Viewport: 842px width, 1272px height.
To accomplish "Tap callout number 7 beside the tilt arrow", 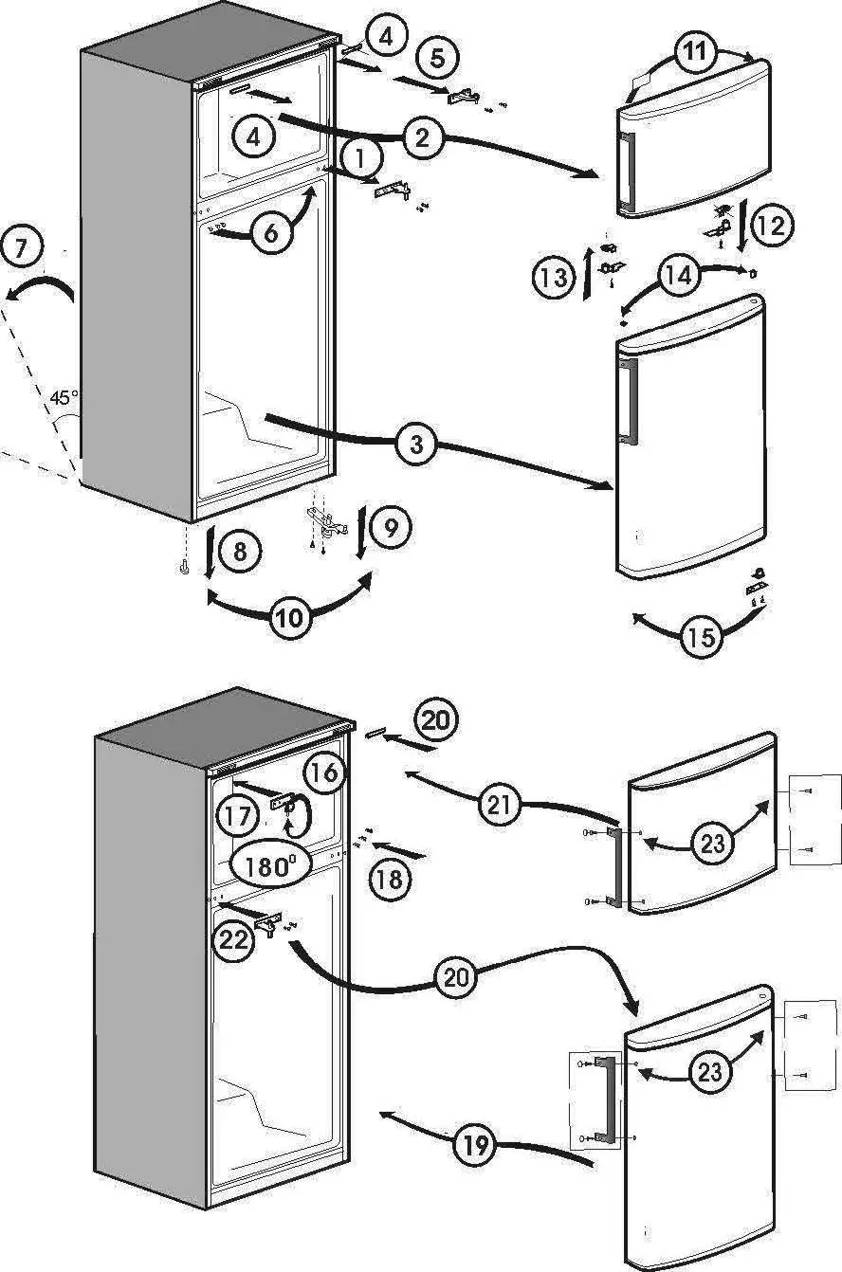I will point(22,249).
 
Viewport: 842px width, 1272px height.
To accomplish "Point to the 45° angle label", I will point(64,398).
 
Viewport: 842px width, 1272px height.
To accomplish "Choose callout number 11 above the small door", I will point(695,52).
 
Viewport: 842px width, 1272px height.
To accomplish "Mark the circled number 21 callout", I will point(502,807).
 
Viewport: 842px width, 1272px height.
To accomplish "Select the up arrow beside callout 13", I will point(589,276).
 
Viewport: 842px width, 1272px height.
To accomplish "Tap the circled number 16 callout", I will point(323,772).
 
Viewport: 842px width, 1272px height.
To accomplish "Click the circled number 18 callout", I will point(389,879).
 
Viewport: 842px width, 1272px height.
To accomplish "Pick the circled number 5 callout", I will point(437,58).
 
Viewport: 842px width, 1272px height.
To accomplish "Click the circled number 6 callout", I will point(271,232).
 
